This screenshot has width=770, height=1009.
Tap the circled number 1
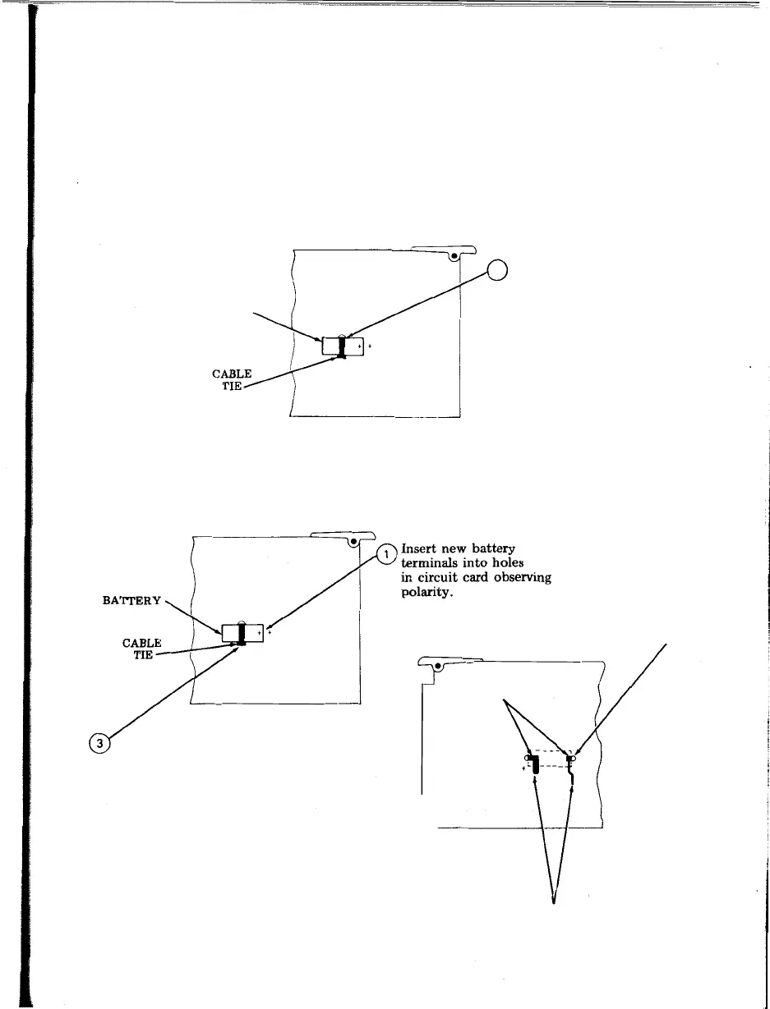coord(386,556)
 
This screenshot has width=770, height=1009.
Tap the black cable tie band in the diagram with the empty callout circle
coord(343,347)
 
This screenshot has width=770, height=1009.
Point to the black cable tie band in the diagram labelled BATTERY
coord(242,633)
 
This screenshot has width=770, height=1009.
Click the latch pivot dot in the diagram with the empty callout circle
coord(454,256)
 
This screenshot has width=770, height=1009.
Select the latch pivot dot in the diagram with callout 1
coord(354,542)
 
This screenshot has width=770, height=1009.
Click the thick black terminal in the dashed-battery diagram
coord(535,766)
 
